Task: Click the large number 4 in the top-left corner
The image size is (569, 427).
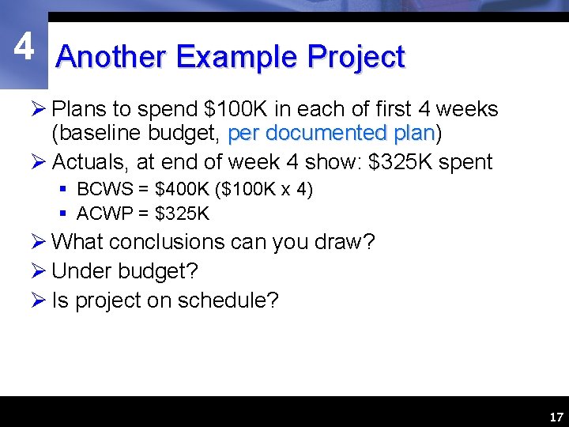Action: (x=24, y=47)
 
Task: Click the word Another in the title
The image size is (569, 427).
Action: (x=111, y=58)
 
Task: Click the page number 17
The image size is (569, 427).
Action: (x=556, y=417)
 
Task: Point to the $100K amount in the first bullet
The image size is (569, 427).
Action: (x=226, y=109)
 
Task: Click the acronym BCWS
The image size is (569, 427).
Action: (x=98, y=191)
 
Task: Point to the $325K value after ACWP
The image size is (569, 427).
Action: (x=183, y=213)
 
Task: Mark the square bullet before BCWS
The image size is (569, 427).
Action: (x=64, y=191)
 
